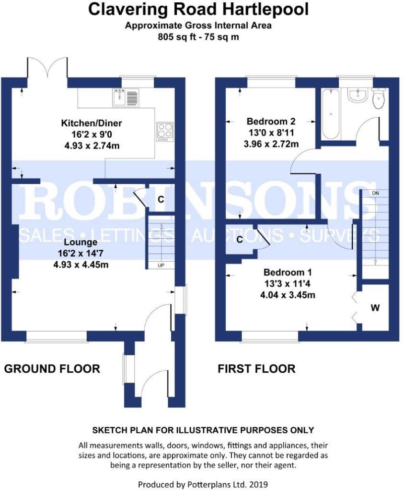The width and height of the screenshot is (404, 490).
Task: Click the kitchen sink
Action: point(125,97)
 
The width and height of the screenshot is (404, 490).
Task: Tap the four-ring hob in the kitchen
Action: point(164,131)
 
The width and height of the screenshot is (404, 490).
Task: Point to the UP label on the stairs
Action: point(160,265)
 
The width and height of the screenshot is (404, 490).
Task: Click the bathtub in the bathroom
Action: point(331,113)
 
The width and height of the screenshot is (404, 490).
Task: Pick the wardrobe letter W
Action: point(375,308)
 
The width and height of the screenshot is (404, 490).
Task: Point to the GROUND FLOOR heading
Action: point(52,368)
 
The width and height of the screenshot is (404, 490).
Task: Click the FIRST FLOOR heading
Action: point(256,368)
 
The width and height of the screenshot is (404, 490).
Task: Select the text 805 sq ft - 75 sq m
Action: point(198,37)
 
